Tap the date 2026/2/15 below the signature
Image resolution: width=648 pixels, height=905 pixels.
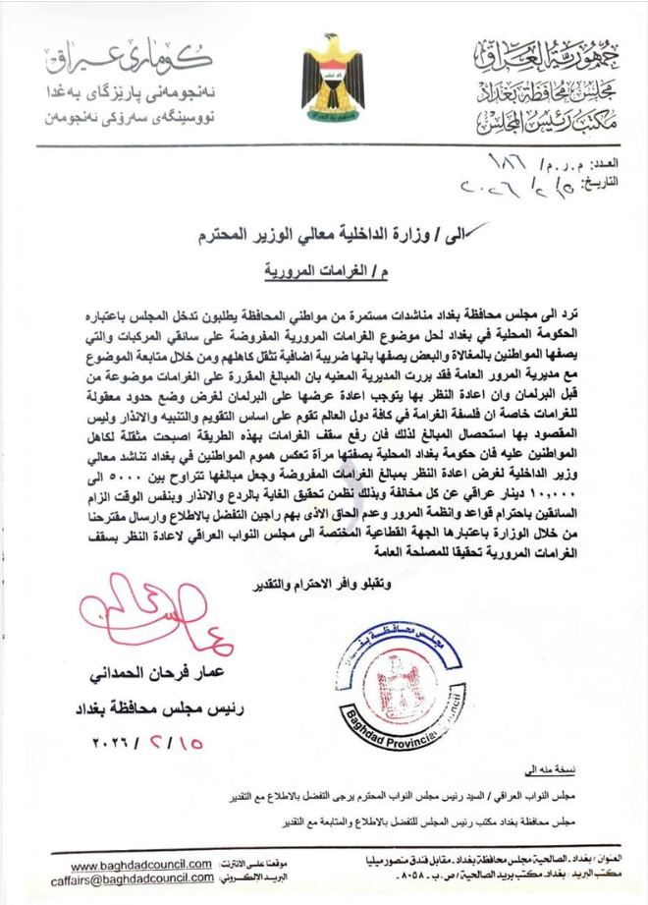151,743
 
